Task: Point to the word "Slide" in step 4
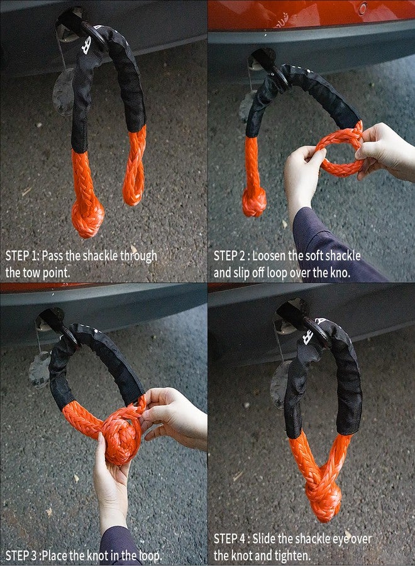coord(271,539)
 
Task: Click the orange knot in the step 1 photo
coord(87,217)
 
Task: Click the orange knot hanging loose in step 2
coord(254,203)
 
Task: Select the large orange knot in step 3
coord(121,437)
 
